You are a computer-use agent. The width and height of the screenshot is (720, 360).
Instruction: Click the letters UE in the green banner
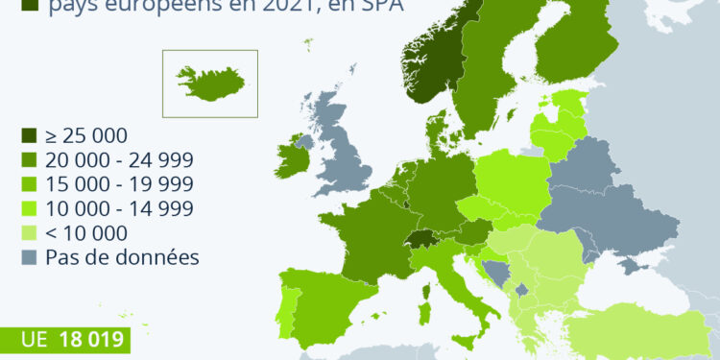[x=36, y=340]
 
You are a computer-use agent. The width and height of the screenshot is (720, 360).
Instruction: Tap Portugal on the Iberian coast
[x=286, y=308]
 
